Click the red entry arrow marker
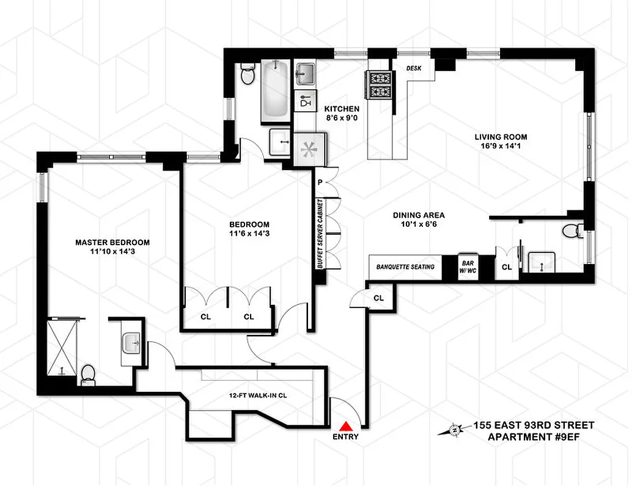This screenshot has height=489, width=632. [346, 426]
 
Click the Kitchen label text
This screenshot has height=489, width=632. [342, 113]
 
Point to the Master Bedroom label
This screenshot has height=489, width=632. [112, 247]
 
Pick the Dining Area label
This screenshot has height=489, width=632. [419, 219]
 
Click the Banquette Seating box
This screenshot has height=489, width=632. [405, 267]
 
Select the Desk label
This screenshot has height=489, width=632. [414, 68]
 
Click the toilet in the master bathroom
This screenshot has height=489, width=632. [88, 373]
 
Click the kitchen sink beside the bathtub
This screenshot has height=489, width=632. [304, 75]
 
